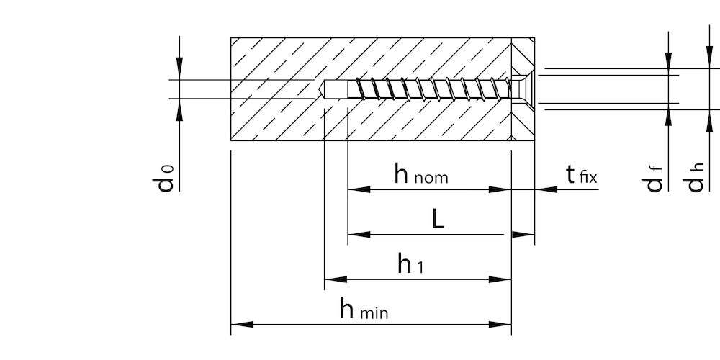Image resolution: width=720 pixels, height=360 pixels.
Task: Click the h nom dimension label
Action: (421, 174)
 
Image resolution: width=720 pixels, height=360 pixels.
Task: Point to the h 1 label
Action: (410, 265)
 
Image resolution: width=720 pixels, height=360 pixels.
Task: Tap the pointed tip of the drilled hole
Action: (321, 89)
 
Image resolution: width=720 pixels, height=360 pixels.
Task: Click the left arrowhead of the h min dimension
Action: (240, 324)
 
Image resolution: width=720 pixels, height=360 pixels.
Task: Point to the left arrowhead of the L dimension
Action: (359, 234)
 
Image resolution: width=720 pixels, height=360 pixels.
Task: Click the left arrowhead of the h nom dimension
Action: (359, 189)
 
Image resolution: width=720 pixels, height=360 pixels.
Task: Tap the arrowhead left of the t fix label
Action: (545, 189)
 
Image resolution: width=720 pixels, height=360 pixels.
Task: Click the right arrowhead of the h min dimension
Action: (501, 324)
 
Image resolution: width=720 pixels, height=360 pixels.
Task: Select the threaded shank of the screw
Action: (425, 89)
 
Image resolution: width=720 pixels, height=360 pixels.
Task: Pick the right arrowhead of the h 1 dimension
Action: (501, 279)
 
